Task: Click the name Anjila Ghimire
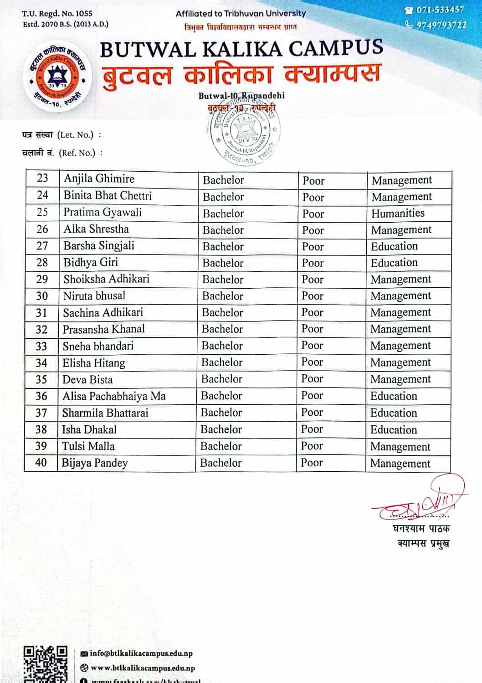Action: coord(99,179)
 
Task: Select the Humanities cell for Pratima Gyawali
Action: coord(398,213)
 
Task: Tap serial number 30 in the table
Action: coord(42,296)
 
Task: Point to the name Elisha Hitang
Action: coord(94,363)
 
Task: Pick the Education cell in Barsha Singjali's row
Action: coord(394,246)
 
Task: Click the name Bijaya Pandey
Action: coord(95,463)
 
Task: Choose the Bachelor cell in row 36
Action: coord(221,396)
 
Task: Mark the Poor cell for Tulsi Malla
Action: coord(312,446)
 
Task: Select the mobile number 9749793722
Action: coord(441,25)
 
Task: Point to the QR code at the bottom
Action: coord(45,664)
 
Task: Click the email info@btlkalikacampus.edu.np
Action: coord(141,653)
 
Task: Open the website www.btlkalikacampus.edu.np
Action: coord(143,668)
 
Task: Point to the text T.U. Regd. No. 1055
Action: coord(57,14)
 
